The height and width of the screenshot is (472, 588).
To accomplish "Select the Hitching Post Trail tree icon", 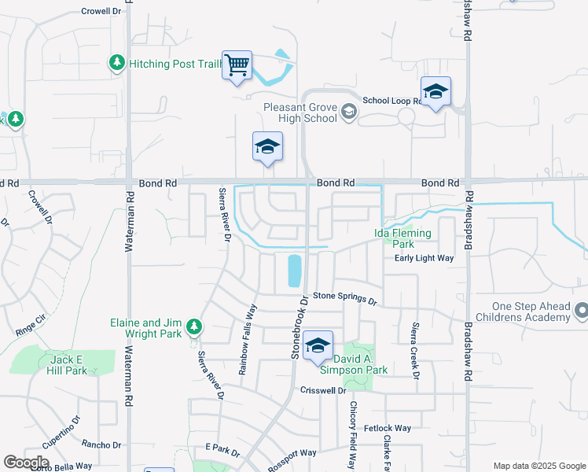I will (117, 62).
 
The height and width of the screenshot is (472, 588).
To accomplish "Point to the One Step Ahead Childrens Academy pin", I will (581, 312).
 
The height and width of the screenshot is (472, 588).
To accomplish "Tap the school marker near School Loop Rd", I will (435, 91).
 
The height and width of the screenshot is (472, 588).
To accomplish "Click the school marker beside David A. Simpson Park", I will (318, 345).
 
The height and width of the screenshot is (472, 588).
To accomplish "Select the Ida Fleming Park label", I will (402, 238).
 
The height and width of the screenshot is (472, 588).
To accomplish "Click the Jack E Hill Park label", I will (67, 365).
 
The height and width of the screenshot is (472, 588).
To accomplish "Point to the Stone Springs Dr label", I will (346, 297).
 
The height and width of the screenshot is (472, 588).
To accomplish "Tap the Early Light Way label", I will (424, 258).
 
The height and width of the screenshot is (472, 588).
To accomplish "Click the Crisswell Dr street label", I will (323, 390).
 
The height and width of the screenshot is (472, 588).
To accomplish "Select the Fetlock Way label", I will (392, 428).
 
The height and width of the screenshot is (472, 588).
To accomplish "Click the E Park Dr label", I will (222, 450).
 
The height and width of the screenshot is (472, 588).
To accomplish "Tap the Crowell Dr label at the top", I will (102, 11).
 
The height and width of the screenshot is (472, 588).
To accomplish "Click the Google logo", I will (26, 463).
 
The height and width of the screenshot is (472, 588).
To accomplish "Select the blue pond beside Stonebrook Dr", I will (294, 270).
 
